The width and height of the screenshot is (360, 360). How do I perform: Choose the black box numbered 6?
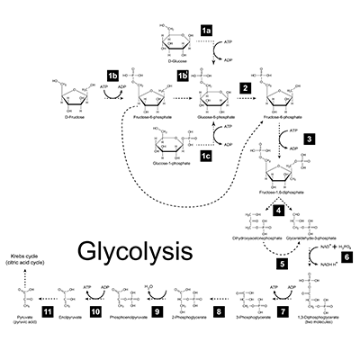coord(346,254)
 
